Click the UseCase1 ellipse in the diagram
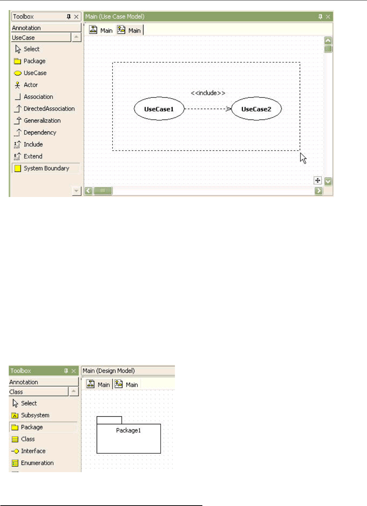point(159,109)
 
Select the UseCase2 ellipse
point(256,109)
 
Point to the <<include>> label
point(208,93)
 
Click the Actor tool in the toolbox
point(31,85)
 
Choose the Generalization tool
point(42,121)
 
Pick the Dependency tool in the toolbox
point(40,133)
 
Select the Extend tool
point(33,156)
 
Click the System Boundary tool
point(46,168)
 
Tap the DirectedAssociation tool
point(49,109)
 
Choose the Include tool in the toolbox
point(33,144)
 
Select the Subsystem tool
point(35,415)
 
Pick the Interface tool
point(33,451)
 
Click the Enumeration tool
point(37,463)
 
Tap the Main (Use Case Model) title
point(115,17)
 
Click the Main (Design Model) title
point(109,371)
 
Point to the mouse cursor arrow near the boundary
point(303,158)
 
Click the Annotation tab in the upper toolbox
point(26,28)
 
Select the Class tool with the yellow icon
point(28,439)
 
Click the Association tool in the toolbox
point(38,97)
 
